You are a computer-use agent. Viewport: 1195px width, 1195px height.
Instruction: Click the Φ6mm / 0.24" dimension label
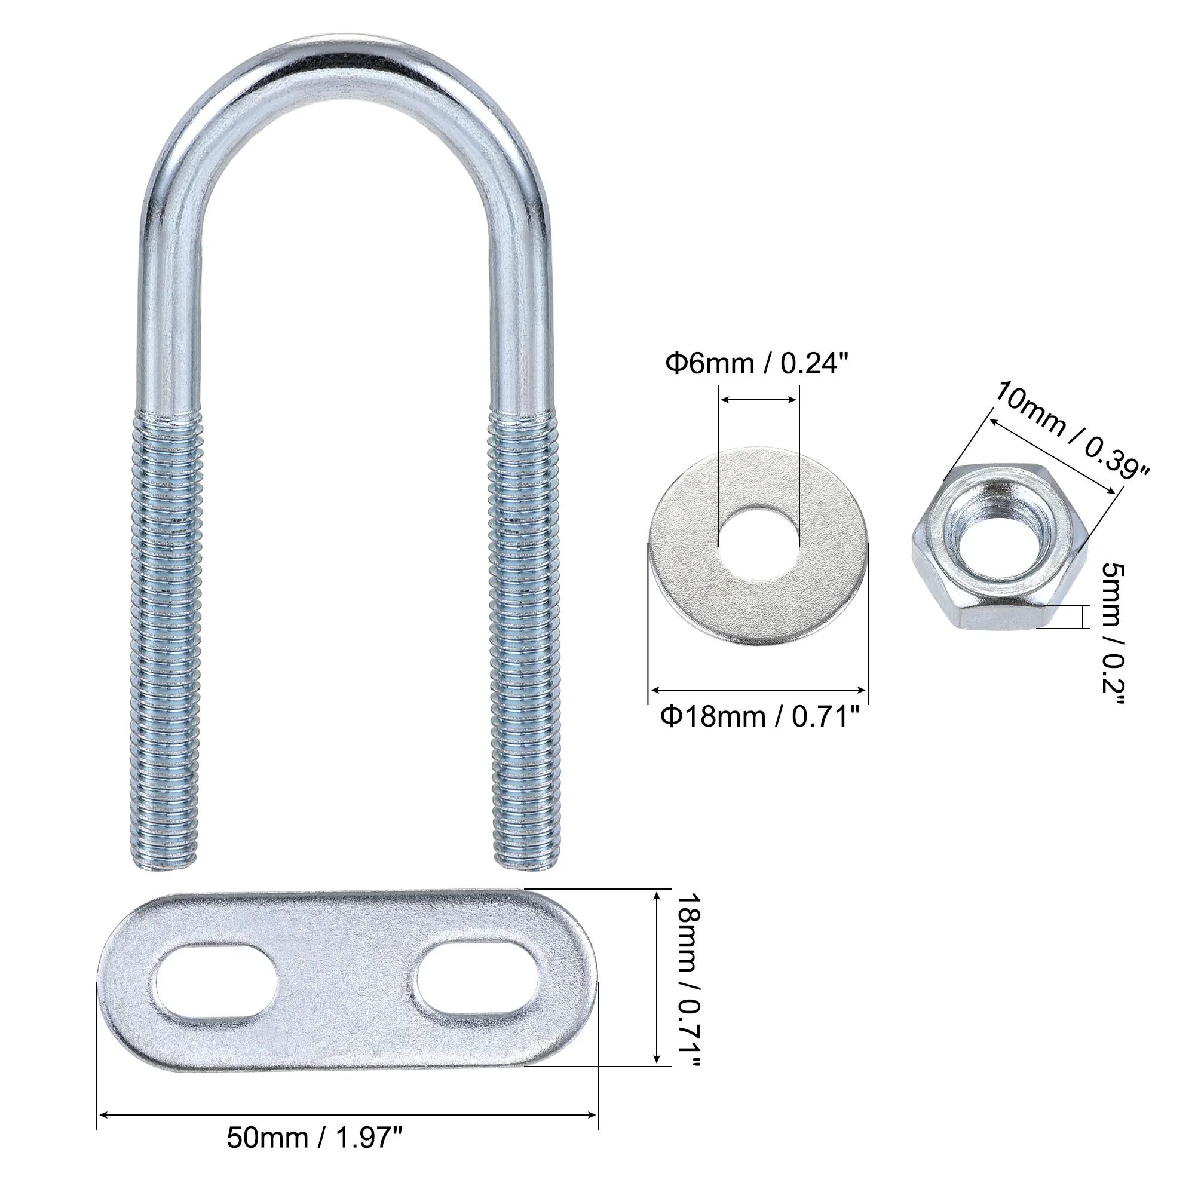[755, 364]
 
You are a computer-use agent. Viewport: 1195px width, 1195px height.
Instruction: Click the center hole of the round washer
[758, 544]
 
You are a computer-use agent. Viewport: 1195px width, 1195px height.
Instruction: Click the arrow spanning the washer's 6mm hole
[759, 401]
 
